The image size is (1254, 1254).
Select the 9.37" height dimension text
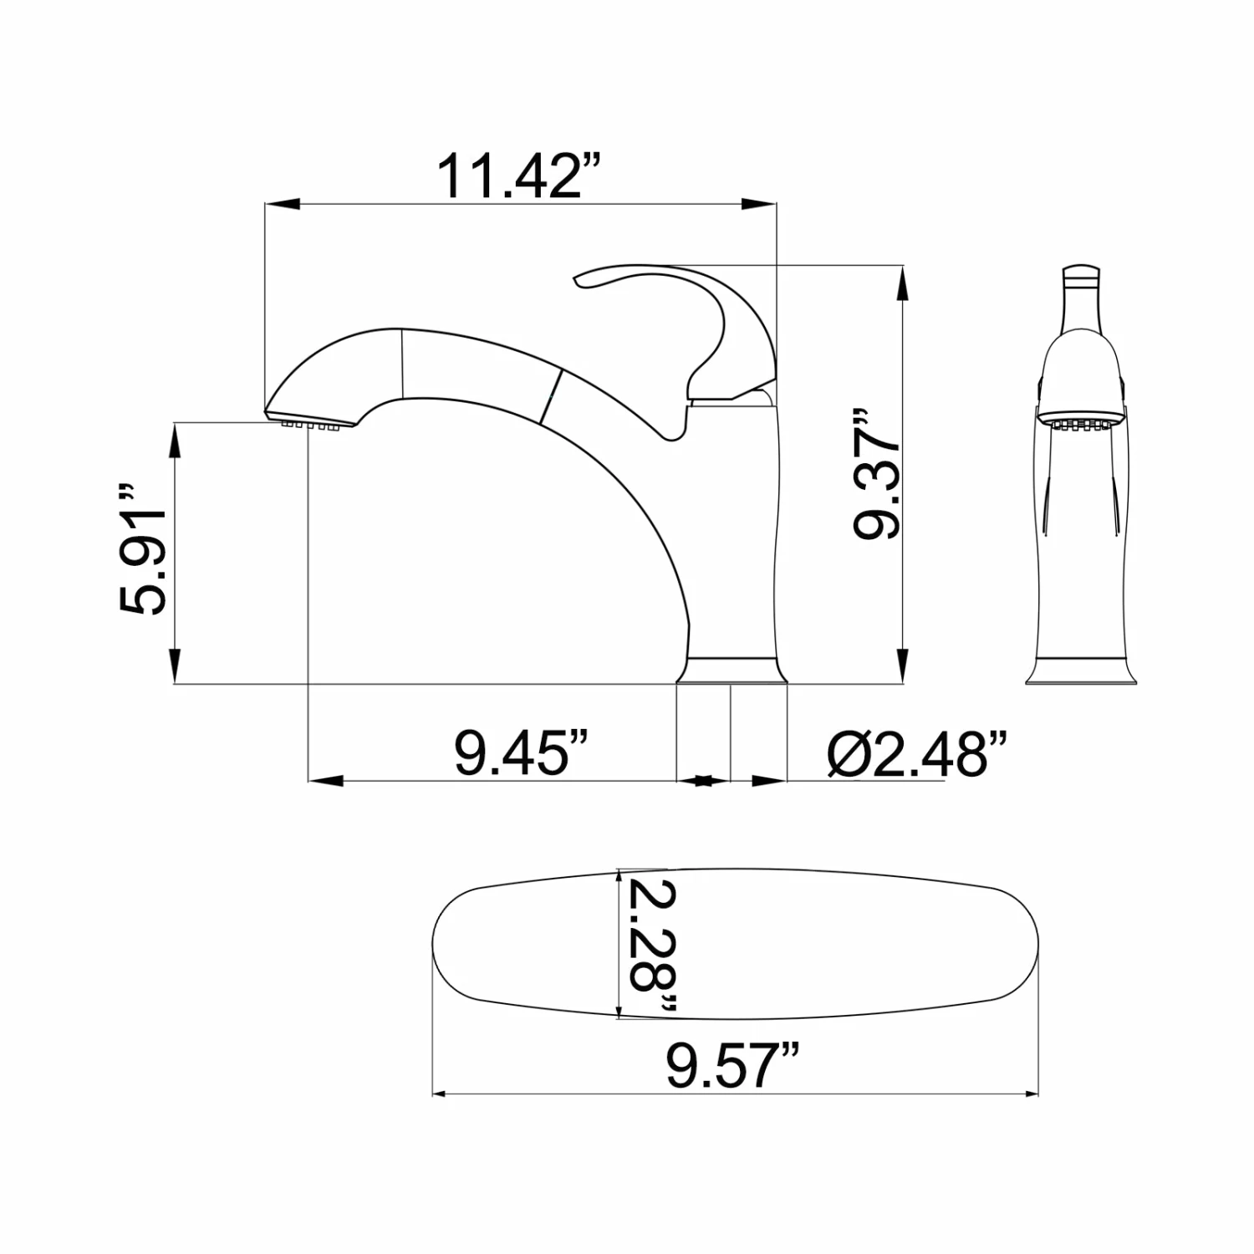coord(876,474)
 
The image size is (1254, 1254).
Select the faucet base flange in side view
coord(731,670)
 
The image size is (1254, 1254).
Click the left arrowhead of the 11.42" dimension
coord(281,204)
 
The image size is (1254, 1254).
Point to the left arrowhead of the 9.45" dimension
coord(326,781)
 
